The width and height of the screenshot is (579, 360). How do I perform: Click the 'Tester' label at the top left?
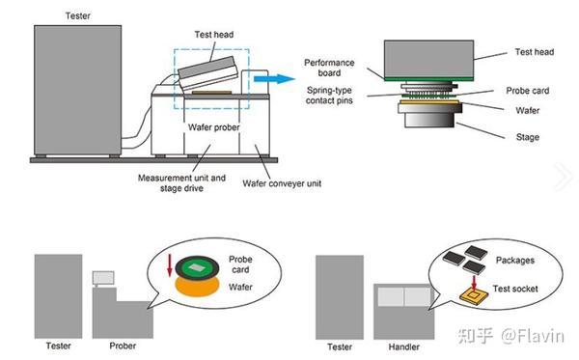[x=78, y=15]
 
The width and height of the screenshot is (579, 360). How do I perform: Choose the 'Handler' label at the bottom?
[x=405, y=346]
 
